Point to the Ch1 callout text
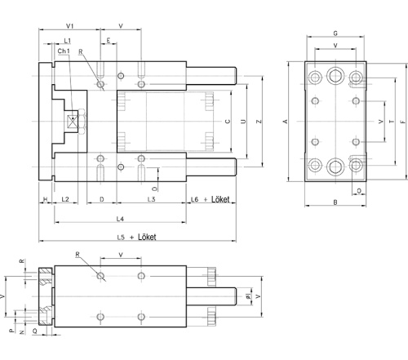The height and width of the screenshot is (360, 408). click(64, 51)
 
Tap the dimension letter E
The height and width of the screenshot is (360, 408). click(108, 40)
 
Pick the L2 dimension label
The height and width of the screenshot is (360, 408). click(65, 199)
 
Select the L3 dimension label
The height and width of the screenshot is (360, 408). click(151, 199)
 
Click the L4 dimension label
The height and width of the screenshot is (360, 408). click(119, 219)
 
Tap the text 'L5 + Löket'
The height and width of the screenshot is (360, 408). click(138, 237)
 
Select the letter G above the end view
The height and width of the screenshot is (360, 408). click(335, 33)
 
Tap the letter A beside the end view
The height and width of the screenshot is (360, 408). click(285, 121)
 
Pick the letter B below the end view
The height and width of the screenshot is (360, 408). click(335, 201)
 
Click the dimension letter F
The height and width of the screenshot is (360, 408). click(403, 121)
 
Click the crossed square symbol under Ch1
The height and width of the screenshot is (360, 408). click(74, 121)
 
